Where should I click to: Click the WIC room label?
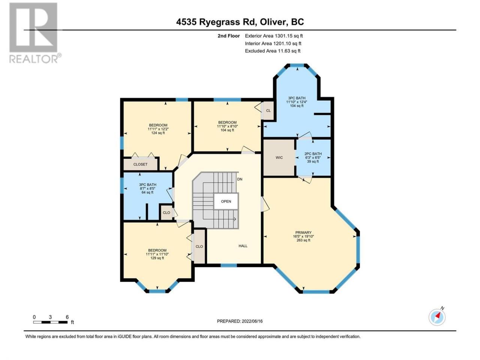(279, 157)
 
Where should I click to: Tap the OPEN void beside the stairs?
(226, 201)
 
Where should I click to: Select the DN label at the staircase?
(240, 179)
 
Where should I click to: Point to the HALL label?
(243, 246)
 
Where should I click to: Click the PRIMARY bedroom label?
(303, 232)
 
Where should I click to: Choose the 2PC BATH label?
(313, 154)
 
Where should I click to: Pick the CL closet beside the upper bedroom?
(268, 111)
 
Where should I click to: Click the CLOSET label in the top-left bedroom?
(140, 164)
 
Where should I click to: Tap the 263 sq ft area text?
(303, 240)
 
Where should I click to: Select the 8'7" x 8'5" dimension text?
(148, 188)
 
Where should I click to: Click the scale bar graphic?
(50, 322)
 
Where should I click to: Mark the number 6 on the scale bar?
(67, 317)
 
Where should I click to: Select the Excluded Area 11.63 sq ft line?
(273, 51)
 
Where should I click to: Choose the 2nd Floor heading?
(229, 36)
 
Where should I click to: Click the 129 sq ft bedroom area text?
(157, 258)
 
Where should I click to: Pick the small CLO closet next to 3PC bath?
(166, 213)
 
